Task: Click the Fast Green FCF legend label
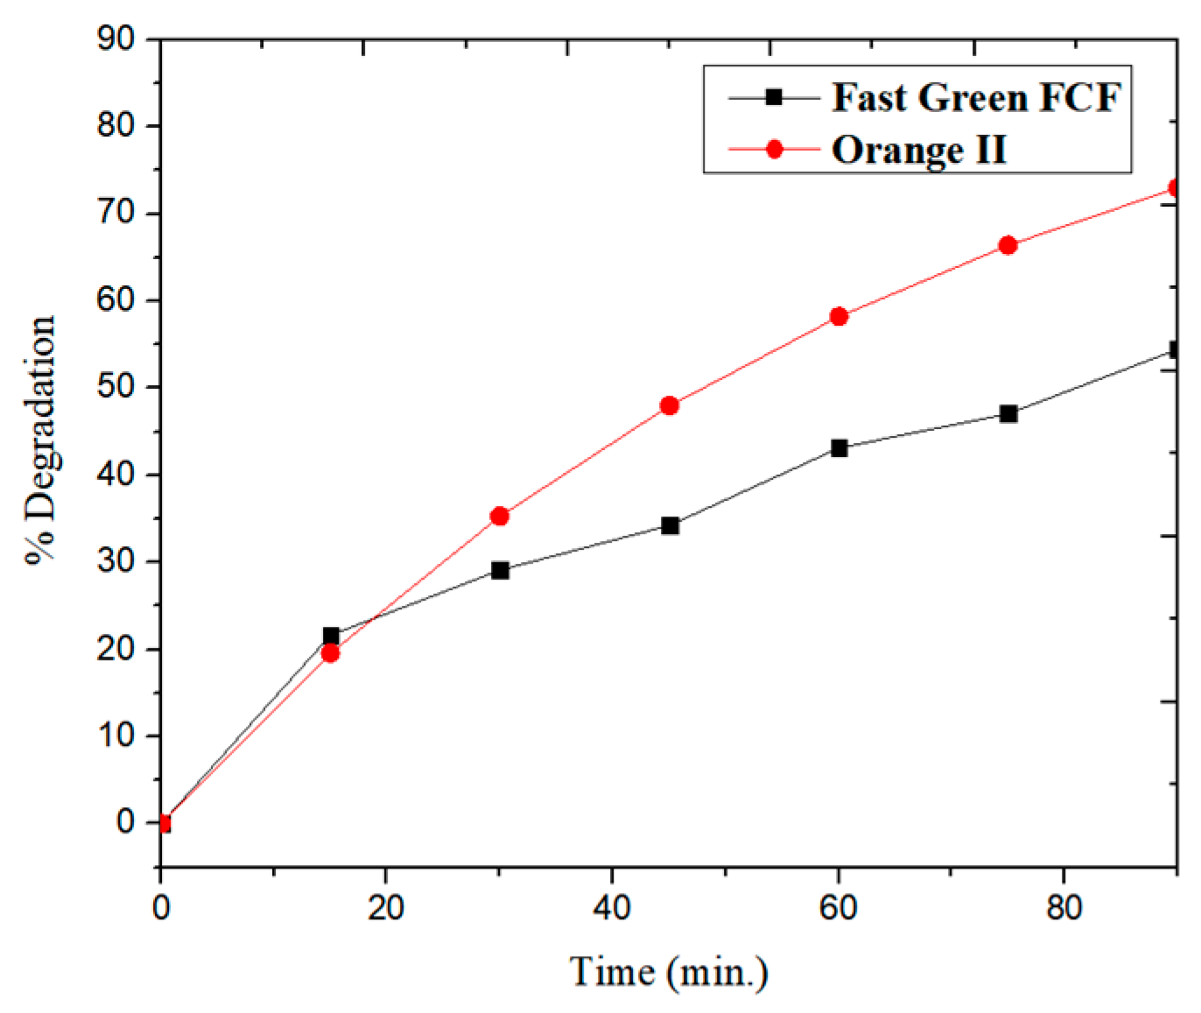click(975, 97)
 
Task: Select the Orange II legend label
click(918, 150)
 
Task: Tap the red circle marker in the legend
click(774, 150)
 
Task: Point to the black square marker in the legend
click(774, 97)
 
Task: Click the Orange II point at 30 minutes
click(500, 517)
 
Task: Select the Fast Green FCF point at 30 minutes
click(500, 571)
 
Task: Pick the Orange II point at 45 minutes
click(670, 405)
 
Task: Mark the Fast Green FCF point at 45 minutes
click(670, 525)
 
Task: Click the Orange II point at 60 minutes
click(839, 316)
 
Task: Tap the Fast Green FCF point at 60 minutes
click(839, 448)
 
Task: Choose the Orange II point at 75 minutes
click(1008, 245)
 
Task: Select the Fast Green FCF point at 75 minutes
click(1008, 414)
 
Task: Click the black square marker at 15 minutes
click(331, 636)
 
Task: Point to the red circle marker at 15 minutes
click(330, 653)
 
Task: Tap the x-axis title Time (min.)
click(669, 972)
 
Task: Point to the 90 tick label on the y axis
click(116, 39)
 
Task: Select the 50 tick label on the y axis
click(116, 386)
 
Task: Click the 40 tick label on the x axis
click(611, 908)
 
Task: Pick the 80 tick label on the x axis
click(1063, 908)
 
